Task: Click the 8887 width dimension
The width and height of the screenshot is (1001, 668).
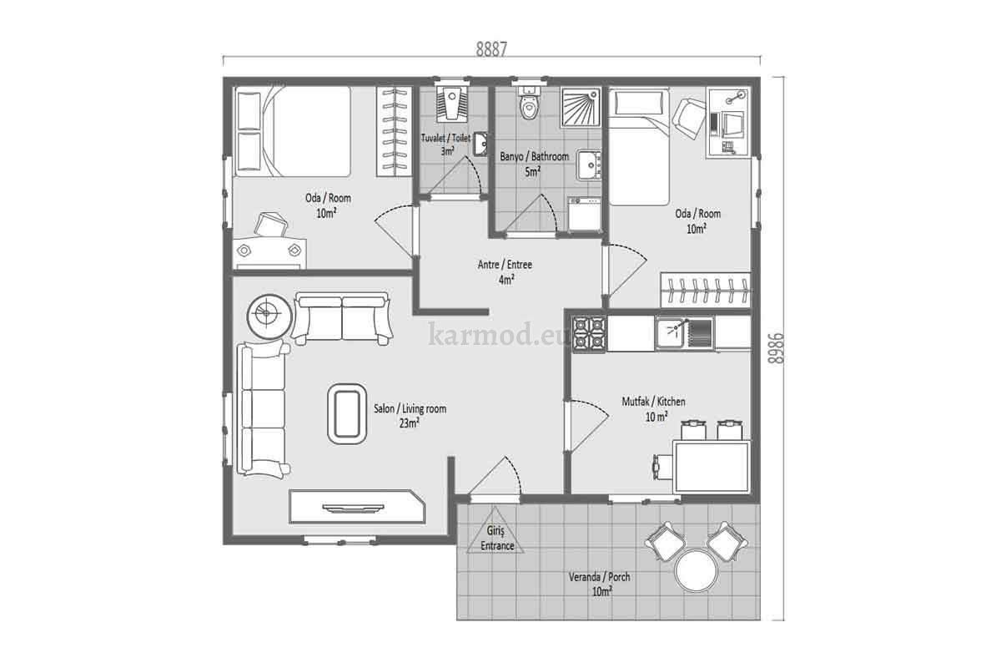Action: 491,49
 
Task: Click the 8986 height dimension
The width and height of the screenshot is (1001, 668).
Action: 777,348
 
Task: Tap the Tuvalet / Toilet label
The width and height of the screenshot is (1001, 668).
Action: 446,138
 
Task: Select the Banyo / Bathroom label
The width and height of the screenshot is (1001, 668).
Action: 534,157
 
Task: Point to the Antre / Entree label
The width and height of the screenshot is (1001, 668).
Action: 505,265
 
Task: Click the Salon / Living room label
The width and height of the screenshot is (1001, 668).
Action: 410,408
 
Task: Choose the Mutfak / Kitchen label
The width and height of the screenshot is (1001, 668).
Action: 653,402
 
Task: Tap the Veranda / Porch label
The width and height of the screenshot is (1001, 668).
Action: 599,577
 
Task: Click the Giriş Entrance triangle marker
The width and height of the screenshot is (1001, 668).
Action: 495,532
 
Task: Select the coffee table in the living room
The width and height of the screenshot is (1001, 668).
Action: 347,413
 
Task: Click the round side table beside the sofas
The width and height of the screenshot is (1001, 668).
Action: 269,316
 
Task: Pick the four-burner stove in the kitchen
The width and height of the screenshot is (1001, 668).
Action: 590,333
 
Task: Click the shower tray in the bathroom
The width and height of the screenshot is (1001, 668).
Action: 581,108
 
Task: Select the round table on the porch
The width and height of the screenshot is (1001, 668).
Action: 697,571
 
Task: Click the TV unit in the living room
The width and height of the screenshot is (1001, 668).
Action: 357,507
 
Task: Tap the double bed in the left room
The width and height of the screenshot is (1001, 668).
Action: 293,132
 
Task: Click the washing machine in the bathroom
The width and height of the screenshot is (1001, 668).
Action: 585,214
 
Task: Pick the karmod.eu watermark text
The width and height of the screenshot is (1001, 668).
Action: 495,335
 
